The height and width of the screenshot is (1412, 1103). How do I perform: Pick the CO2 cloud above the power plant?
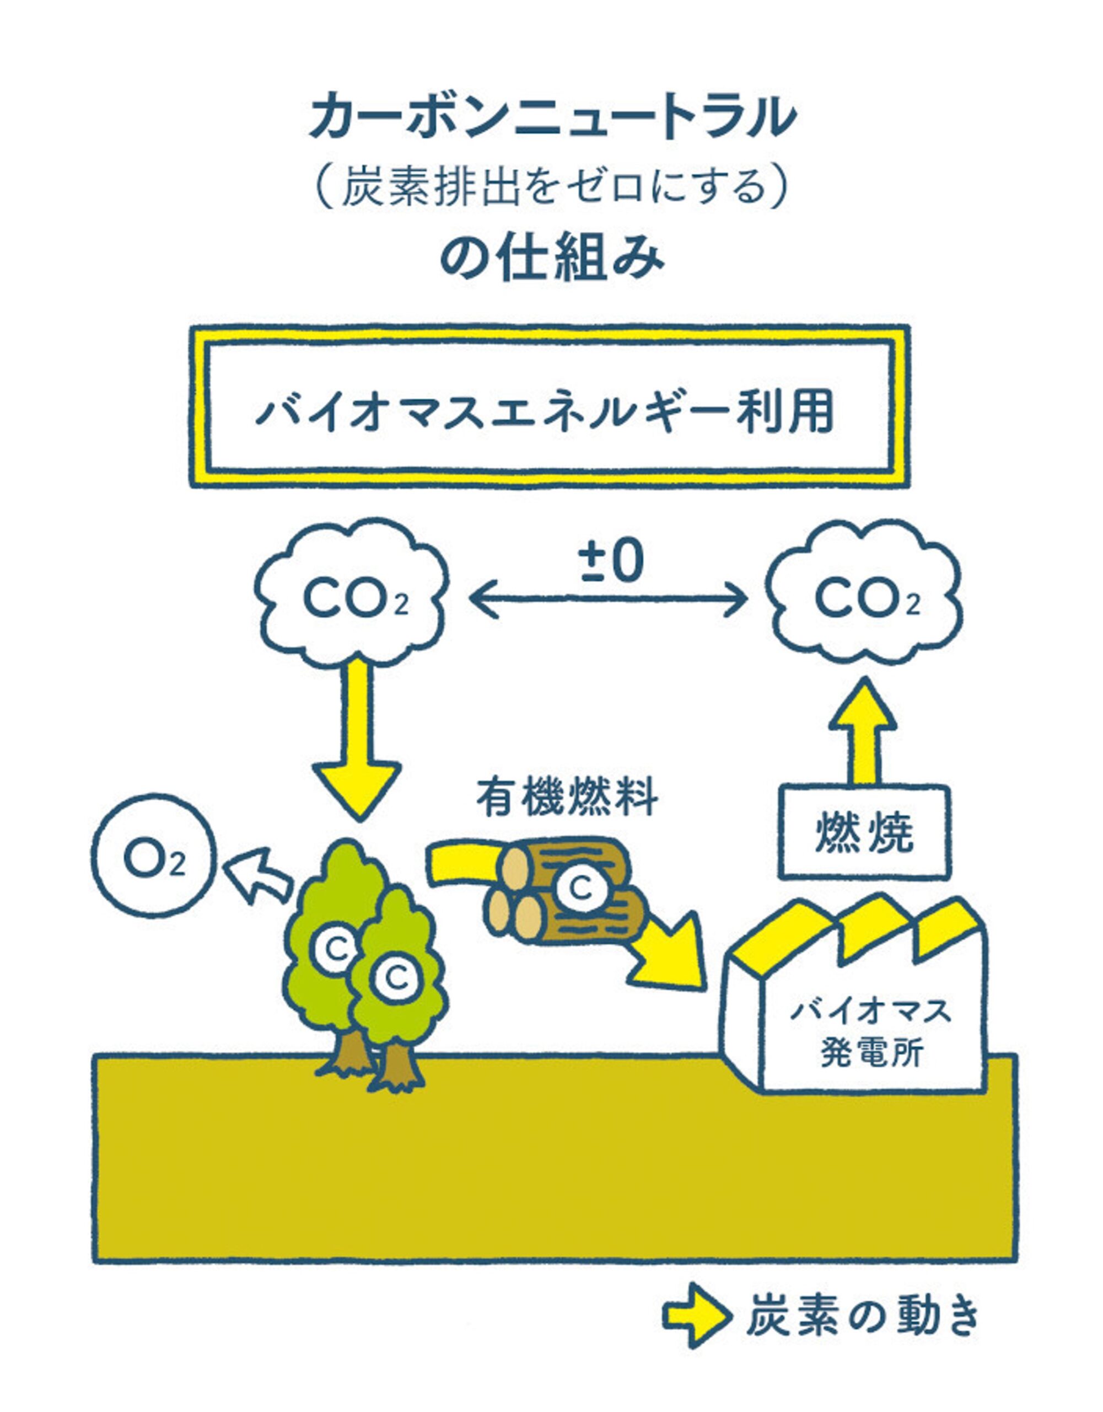click(866, 597)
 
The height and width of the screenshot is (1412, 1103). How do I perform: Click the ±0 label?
click(611, 561)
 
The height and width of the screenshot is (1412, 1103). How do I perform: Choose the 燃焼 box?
click(864, 833)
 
